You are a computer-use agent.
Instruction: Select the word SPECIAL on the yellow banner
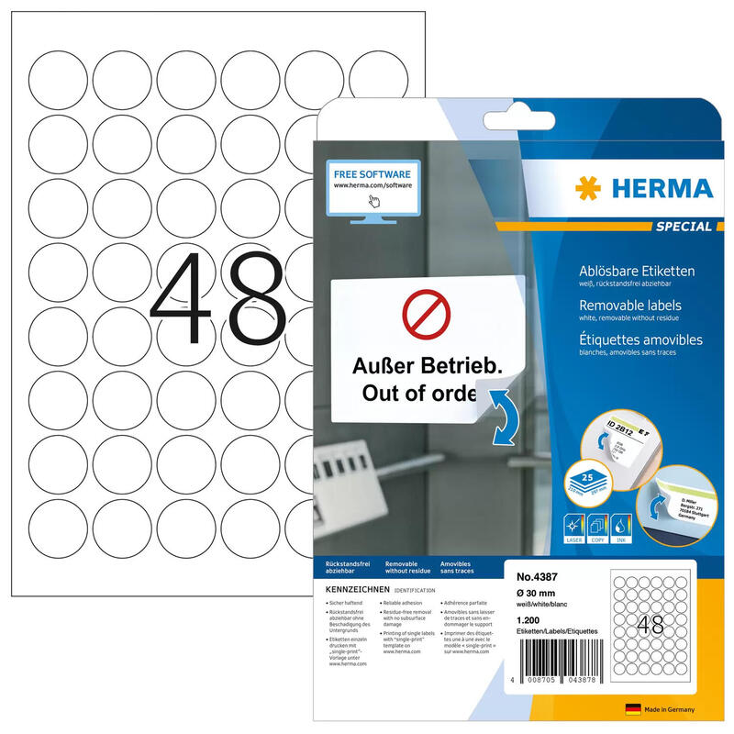[683, 226]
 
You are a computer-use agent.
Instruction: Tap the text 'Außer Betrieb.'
[428, 367]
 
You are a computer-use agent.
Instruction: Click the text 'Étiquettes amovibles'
[640, 339]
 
